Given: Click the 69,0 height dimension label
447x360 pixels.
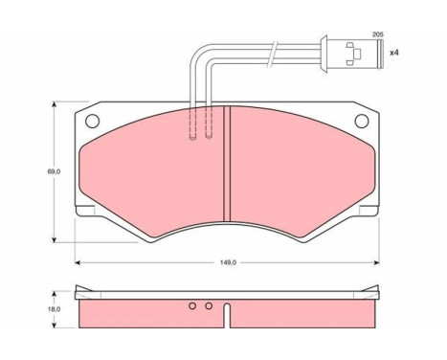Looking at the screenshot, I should [56, 171].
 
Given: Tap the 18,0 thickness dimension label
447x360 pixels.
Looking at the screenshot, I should [56, 309].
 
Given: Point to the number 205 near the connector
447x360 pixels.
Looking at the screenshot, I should [377, 34].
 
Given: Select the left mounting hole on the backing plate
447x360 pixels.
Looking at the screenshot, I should [93, 122].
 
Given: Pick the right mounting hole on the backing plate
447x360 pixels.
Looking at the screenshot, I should [362, 122].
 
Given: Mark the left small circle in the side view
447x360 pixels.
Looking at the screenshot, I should [193, 306].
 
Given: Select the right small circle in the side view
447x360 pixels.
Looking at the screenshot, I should [208, 306].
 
